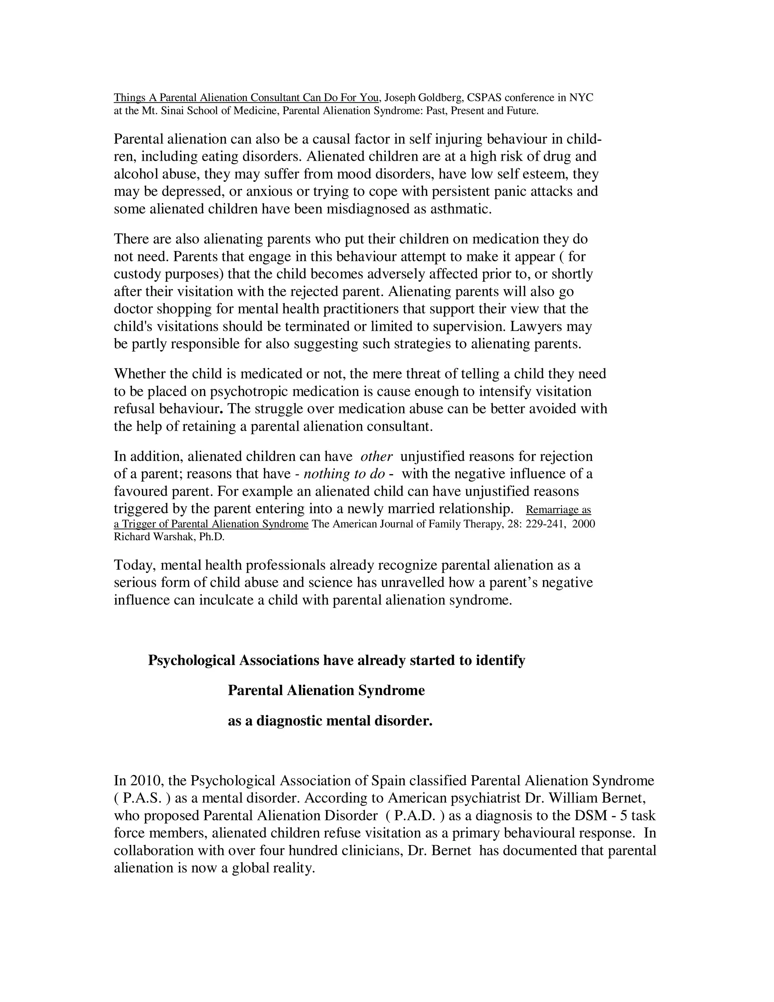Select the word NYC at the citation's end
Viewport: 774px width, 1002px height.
[581, 98]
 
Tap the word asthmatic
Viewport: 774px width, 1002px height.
[460, 209]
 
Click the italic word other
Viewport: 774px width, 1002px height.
[376, 456]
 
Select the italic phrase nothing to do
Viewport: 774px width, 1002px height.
[344, 474]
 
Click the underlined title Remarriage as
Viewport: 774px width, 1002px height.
[558, 510]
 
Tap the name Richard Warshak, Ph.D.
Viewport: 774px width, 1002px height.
[169, 537]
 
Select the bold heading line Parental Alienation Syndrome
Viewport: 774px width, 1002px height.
[326, 690]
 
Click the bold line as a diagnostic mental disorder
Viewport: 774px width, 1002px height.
[330, 721]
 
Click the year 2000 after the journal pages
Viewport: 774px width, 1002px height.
[583, 524]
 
